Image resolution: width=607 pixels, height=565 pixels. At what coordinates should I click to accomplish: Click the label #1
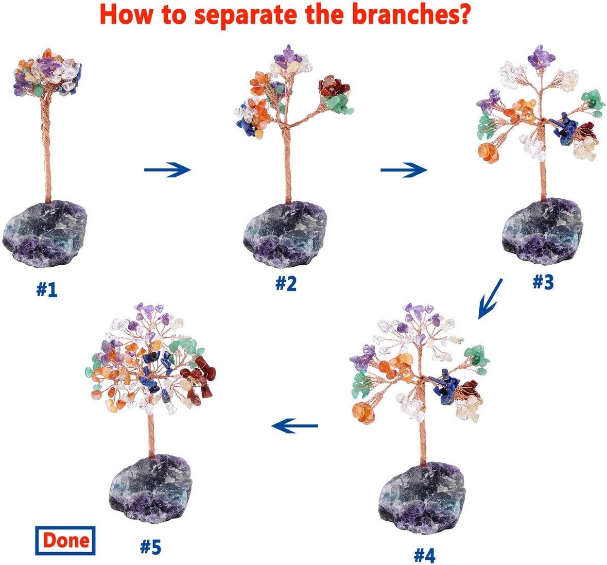(46, 290)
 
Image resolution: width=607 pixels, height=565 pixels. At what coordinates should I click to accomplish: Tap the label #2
(286, 284)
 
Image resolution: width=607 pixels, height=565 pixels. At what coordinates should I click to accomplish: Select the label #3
(542, 281)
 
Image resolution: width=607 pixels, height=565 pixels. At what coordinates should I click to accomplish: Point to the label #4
(425, 555)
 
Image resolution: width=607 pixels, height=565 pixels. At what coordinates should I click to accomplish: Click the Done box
(65, 541)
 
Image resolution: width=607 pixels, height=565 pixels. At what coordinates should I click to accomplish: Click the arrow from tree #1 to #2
(167, 169)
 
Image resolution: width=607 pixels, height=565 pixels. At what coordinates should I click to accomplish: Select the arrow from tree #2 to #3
(404, 169)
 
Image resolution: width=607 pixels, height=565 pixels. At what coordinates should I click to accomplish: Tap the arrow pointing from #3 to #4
(490, 299)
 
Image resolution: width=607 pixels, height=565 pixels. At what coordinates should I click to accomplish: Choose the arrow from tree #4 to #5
(294, 425)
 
